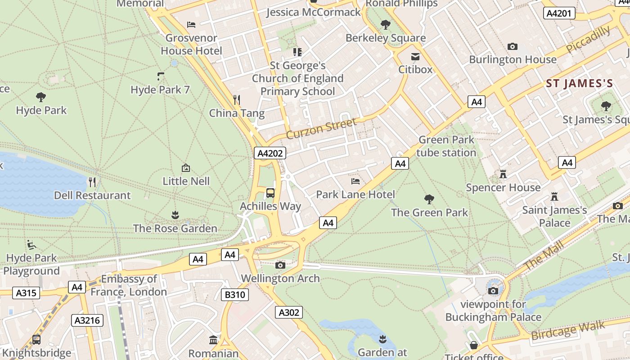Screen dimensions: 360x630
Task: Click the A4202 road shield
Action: pyautogui.click(x=270, y=153)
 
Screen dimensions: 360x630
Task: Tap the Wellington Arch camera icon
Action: pyautogui.click(x=280, y=265)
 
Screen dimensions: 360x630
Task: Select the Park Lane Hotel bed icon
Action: pyautogui.click(x=355, y=181)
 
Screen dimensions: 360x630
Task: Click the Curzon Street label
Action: pyautogui.click(x=321, y=128)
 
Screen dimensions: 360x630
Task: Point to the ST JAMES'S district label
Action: pyautogui.click(x=580, y=83)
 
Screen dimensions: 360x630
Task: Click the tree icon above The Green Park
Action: pyautogui.click(x=429, y=199)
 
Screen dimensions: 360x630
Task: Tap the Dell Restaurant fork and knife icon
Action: pyautogui.click(x=92, y=182)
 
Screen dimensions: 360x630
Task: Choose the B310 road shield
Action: pyautogui.click(x=235, y=295)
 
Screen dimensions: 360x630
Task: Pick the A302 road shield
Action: pyautogui.click(x=289, y=312)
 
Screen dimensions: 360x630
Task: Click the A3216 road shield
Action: pyautogui.click(x=87, y=320)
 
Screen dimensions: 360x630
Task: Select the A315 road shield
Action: pyautogui.click(x=27, y=293)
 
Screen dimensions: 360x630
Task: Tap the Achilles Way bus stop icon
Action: pyautogui.click(x=270, y=193)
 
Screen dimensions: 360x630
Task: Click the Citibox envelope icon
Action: pyautogui.click(x=415, y=57)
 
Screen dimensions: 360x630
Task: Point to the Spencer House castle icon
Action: pyautogui.click(x=503, y=174)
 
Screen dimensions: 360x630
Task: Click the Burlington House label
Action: pyautogui.click(x=513, y=59)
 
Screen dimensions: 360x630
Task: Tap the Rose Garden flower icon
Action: pyautogui.click(x=175, y=215)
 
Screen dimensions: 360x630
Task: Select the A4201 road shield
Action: pyautogui.click(x=559, y=13)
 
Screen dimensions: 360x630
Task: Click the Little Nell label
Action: pyautogui.click(x=186, y=181)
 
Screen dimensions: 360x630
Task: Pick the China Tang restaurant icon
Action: pyautogui.click(x=237, y=99)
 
